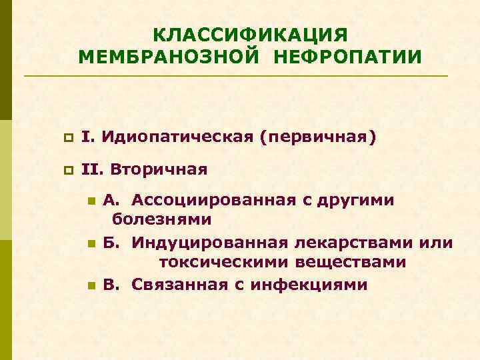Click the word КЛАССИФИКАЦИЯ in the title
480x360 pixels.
(x=250, y=33)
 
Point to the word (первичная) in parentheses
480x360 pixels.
(x=319, y=138)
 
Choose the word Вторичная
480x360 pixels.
(x=159, y=169)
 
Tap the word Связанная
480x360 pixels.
(x=175, y=285)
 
